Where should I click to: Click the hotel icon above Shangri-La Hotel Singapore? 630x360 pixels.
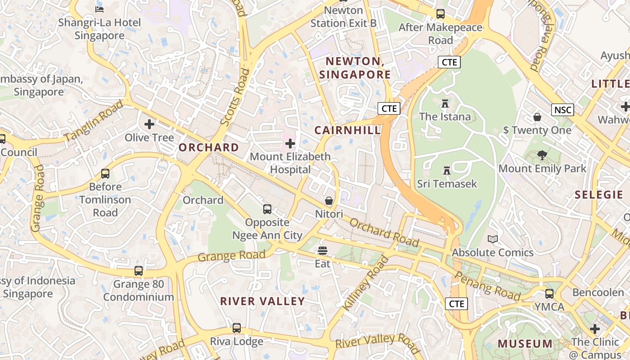[x=99, y=9]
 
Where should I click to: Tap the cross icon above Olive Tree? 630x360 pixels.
[x=149, y=124]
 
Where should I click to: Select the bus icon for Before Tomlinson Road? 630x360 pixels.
[x=105, y=173]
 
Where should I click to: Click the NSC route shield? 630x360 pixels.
[x=562, y=110]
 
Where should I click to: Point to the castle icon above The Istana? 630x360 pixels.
[x=445, y=104]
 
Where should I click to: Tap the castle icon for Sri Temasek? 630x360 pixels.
[x=447, y=171]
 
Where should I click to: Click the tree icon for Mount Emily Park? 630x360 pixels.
[x=542, y=156]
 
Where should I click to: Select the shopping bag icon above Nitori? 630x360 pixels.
[x=329, y=201]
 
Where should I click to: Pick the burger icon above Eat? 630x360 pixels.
[x=322, y=250]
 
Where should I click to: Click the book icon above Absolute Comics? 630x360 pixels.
[x=493, y=239]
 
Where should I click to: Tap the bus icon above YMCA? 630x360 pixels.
[x=549, y=294]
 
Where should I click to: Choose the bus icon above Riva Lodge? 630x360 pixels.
[x=237, y=328]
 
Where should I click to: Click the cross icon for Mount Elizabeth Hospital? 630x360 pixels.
[x=290, y=144]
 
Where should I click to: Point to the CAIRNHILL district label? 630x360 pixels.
[x=347, y=130]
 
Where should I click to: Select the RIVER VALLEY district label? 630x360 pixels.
[x=262, y=301]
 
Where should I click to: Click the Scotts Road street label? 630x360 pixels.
[x=235, y=97]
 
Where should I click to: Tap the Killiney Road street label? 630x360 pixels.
[x=365, y=283]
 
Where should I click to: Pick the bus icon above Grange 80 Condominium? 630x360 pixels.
[x=139, y=271]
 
